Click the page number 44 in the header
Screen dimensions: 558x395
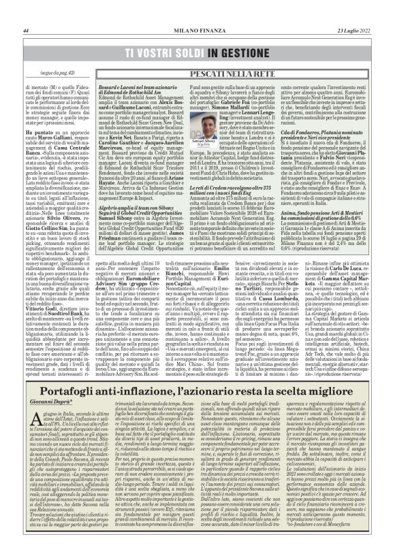[x=25, y=31]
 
